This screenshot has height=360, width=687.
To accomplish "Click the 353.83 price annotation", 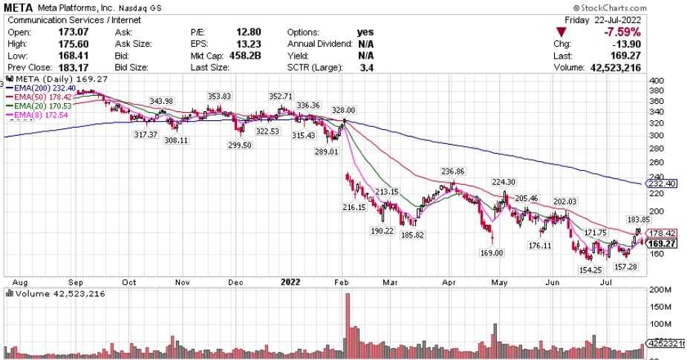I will click(219, 96).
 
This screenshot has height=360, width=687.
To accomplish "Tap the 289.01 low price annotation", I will click(327, 151).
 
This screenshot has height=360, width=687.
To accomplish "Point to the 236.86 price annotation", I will click(452, 171).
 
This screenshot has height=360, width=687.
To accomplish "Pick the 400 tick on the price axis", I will click(657, 81).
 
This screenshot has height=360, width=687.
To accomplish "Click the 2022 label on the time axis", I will click(290, 282).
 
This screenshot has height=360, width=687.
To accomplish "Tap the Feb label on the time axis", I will click(341, 282).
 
